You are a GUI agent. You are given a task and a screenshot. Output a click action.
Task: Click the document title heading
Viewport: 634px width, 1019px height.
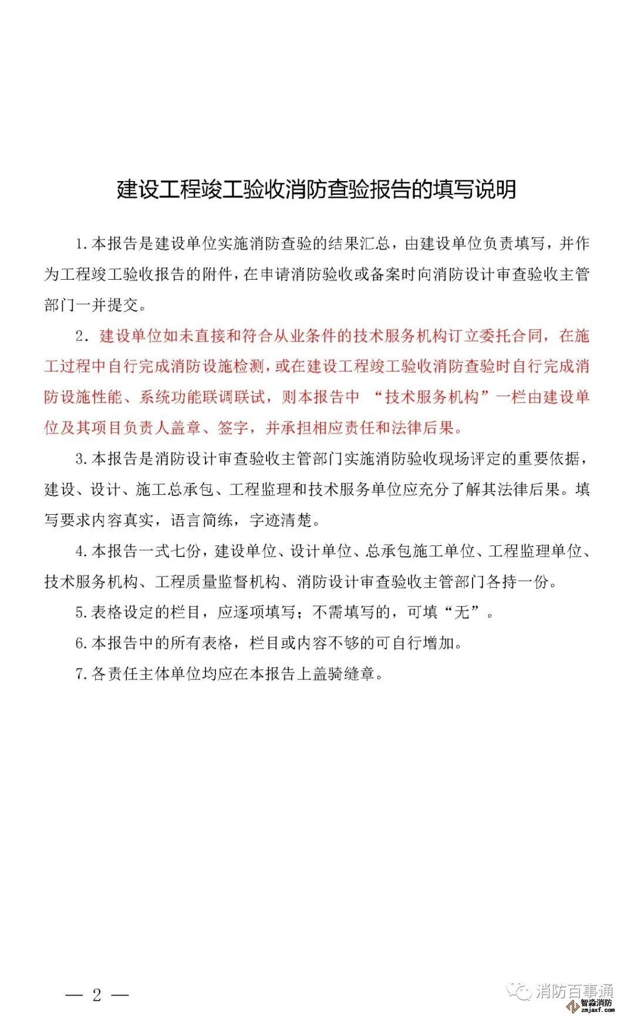pos(316,189)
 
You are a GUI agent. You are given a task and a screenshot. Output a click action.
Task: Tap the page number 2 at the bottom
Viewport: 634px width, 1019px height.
pos(97,994)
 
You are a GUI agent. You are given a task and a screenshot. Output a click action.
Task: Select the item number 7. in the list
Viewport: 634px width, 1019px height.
pos(82,674)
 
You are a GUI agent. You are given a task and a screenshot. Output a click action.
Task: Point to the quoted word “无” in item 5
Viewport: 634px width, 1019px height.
pos(462,612)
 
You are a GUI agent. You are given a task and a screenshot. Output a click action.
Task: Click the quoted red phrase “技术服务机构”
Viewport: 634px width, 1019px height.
pos(431,397)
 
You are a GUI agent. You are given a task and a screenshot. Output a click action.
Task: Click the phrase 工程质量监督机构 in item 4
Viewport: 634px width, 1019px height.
pos(217,582)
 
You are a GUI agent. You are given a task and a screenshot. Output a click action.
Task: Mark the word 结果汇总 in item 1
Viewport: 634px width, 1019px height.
pos(359,243)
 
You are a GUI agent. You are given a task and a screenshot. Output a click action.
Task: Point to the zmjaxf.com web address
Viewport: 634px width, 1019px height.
pos(597,1011)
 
